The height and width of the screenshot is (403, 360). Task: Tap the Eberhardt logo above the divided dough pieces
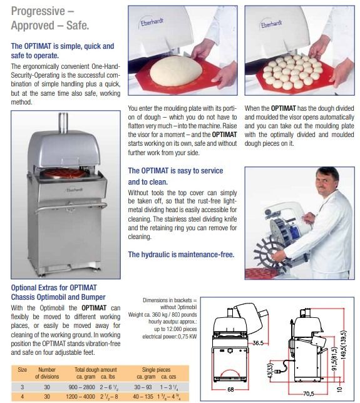[272, 23]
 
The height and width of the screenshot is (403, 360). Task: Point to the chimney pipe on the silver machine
[63, 123]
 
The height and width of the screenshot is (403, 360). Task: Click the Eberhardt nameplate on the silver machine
[74, 190]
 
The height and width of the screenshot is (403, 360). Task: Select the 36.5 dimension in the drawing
[258, 343]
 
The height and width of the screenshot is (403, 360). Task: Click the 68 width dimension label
[230, 389]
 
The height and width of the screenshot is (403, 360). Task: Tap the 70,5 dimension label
[309, 394]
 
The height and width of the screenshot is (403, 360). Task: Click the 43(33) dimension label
[270, 370]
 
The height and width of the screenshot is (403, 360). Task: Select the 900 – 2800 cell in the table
[82, 387]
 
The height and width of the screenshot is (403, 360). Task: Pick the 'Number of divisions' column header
[47, 373]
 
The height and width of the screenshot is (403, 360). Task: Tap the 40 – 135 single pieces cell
[143, 397]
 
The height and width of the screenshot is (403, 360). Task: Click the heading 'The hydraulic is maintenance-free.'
[182, 255]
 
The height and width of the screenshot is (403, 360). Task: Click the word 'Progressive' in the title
[38, 11]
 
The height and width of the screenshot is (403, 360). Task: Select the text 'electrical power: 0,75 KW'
[170, 337]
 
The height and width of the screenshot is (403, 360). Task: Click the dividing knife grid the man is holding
[268, 253]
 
